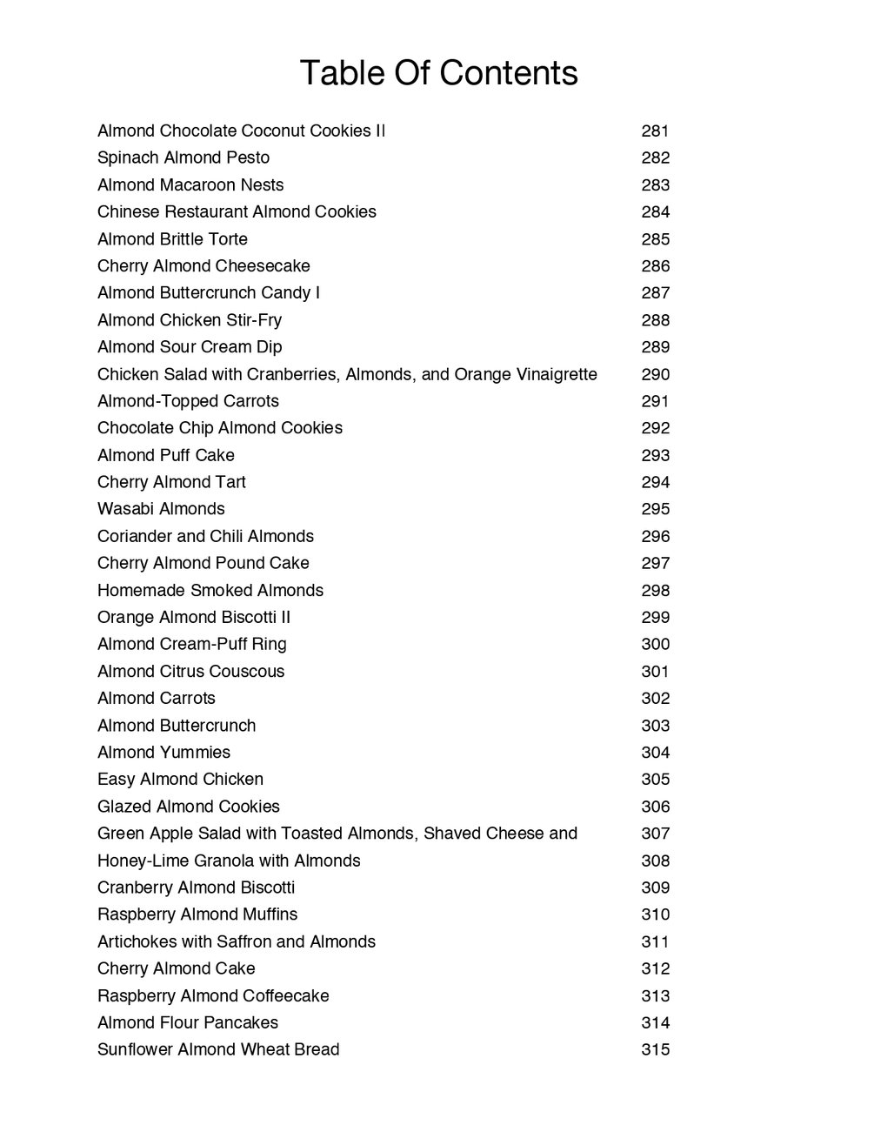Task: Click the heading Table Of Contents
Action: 438,73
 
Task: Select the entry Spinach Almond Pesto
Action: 183,157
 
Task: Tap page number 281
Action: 655,131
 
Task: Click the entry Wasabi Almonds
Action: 161,509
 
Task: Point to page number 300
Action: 655,644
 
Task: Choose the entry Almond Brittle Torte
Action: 172,239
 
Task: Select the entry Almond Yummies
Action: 163,753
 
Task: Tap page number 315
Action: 655,1049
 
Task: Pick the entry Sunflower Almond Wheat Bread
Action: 218,1049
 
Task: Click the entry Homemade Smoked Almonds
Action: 210,590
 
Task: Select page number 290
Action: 655,374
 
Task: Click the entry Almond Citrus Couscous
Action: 190,672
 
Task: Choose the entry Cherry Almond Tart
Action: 171,482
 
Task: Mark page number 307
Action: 655,834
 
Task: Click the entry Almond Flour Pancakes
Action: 188,1022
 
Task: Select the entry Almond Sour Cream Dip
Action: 190,347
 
